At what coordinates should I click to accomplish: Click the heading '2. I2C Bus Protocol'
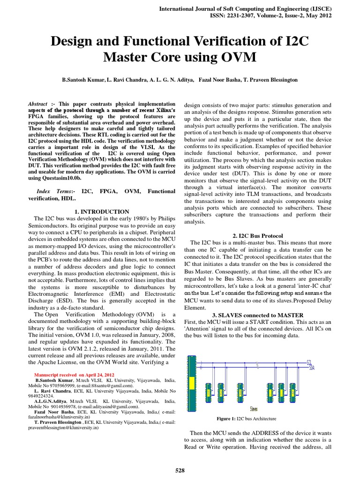pyautogui.click(x=258, y=235)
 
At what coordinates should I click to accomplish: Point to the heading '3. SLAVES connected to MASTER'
pyautogui.click(x=258, y=315)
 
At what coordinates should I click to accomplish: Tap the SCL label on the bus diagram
pyautogui.click(x=323, y=362)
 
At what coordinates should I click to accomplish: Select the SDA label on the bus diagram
pyautogui.click(x=325, y=368)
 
